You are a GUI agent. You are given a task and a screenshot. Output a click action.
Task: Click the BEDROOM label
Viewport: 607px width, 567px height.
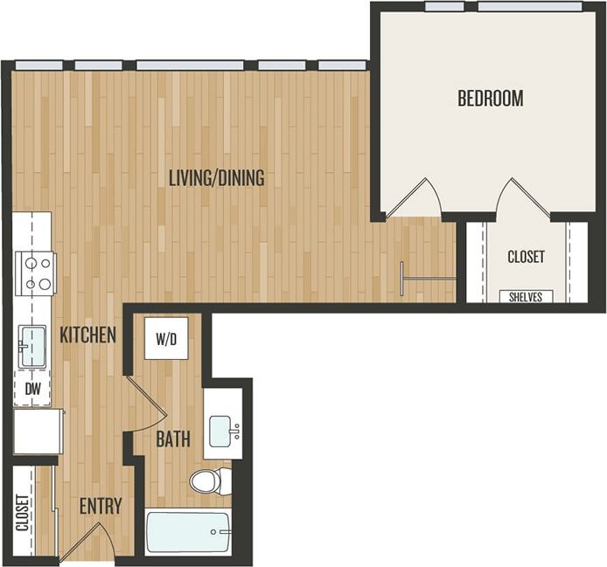point(490,98)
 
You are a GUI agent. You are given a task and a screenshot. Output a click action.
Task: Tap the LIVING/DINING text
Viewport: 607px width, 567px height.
point(216,178)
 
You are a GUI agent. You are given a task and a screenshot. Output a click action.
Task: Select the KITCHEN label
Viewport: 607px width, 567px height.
point(87,335)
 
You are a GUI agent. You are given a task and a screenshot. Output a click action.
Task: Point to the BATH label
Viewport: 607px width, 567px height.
point(173,439)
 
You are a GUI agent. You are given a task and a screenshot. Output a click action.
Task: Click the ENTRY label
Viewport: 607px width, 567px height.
point(100,507)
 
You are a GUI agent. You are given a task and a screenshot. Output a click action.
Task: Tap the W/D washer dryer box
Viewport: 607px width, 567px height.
point(166,339)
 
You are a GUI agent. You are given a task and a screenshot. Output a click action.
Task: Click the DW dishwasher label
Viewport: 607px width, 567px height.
point(31,389)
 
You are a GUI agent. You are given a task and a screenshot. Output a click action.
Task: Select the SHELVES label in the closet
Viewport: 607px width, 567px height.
point(526,297)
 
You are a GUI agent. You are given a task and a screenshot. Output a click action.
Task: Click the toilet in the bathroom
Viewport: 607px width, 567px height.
point(211,481)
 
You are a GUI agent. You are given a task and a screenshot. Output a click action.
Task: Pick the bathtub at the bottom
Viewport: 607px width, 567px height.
point(188,532)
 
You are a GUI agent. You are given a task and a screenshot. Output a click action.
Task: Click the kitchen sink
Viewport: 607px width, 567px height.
point(32,347)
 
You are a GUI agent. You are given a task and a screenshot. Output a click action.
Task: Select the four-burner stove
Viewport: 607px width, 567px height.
point(36,273)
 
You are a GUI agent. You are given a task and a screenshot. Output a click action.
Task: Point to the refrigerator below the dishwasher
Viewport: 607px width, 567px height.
point(38,432)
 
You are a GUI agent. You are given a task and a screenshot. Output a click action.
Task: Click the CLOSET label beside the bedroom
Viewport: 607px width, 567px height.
point(526,257)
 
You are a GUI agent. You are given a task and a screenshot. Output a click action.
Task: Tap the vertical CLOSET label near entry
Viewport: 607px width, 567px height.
point(23,515)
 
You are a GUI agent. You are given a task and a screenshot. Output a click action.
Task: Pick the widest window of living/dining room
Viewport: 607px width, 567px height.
point(190,66)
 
